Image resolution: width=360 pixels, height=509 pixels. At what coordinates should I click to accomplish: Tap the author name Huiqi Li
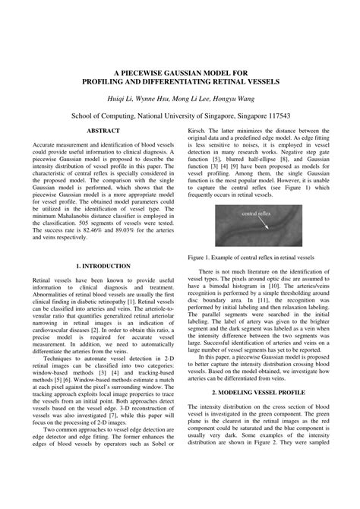(x=127, y=98)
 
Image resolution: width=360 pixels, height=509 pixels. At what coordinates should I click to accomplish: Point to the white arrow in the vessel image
(x=267, y=224)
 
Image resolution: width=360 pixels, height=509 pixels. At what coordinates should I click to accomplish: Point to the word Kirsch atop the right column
(x=197, y=131)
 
